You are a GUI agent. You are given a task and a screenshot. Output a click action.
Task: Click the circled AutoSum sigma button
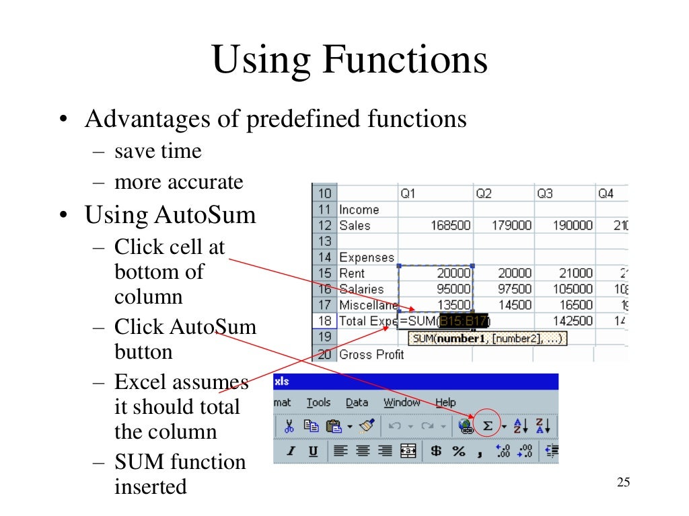[x=488, y=426]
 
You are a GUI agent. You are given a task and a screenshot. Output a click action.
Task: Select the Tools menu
[x=318, y=402]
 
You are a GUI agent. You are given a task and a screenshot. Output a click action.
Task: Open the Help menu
[x=445, y=402]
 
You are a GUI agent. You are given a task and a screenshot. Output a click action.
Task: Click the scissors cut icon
[x=289, y=425]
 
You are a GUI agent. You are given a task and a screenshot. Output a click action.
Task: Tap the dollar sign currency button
[x=436, y=451]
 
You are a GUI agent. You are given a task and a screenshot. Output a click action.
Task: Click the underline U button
[x=313, y=451]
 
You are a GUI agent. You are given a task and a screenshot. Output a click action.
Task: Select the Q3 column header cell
[x=545, y=193]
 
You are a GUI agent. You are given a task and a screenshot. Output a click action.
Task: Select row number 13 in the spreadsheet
[x=324, y=241]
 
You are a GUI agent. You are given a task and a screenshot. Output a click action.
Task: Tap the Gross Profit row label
[x=371, y=354]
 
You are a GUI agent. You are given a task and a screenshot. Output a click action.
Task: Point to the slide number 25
[x=623, y=482]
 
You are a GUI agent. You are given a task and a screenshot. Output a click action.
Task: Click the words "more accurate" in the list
[x=178, y=182]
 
